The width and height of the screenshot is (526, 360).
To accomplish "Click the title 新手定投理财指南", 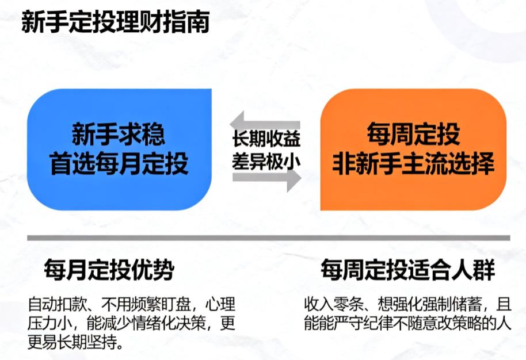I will pyautogui.click(x=115, y=23).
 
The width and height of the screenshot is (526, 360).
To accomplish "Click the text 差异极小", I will pyautogui.click(x=266, y=161).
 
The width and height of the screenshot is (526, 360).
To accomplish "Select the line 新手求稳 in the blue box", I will pyautogui.click(x=119, y=136).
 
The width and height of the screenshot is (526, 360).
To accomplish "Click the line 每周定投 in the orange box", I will pyautogui.click(x=413, y=136).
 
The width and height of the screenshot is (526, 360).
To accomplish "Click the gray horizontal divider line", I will pyautogui.click(x=268, y=238).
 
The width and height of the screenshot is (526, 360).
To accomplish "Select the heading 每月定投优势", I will pyautogui.click(x=109, y=269).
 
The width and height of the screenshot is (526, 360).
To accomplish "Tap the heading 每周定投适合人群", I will pyautogui.click(x=408, y=269).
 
